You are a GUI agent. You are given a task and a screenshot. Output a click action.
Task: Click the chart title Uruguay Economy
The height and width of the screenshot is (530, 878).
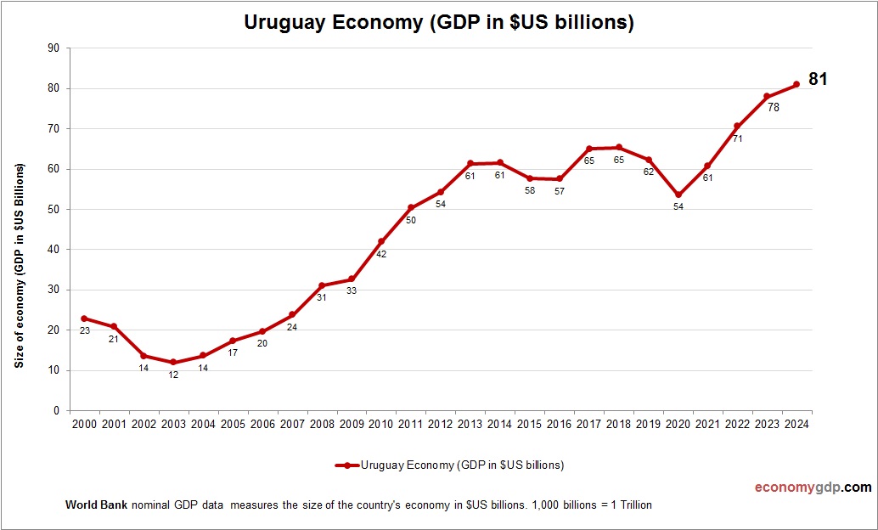tap(439, 23)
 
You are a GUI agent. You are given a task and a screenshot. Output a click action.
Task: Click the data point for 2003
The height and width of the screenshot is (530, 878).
tap(173, 363)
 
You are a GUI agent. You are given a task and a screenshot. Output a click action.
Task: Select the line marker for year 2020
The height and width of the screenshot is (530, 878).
tap(678, 195)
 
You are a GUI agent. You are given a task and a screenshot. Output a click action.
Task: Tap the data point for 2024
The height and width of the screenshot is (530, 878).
tap(796, 84)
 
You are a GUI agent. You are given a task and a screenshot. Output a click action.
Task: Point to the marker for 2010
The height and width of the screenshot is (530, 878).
tap(381, 241)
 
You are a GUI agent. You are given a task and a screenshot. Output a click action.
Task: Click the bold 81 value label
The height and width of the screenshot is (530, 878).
tap(818, 79)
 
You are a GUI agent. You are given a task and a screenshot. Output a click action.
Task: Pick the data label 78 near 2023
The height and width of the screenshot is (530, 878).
tap(774, 108)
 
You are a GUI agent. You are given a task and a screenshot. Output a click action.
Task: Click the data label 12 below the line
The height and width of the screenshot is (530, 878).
tap(173, 375)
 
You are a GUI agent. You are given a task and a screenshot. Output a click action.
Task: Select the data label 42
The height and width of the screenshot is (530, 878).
tap(381, 254)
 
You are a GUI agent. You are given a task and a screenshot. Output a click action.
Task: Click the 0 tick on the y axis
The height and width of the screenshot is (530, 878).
tap(56, 411)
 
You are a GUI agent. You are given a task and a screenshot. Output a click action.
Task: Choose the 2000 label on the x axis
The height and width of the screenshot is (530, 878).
tap(84, 425)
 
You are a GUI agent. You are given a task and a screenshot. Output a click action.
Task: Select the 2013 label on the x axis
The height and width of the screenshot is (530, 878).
tap(470, 425)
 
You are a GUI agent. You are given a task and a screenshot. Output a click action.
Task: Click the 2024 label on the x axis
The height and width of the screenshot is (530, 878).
tap(796, 425)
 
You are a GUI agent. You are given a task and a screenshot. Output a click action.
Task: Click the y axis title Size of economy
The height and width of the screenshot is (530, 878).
tap(20, 266)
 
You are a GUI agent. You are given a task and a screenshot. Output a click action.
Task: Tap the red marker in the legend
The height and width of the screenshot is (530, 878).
tap(347, 465)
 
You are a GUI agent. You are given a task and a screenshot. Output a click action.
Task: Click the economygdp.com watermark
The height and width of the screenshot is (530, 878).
tap(813, 488)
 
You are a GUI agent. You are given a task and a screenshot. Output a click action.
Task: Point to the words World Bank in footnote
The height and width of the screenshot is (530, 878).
tap(96, 505)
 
